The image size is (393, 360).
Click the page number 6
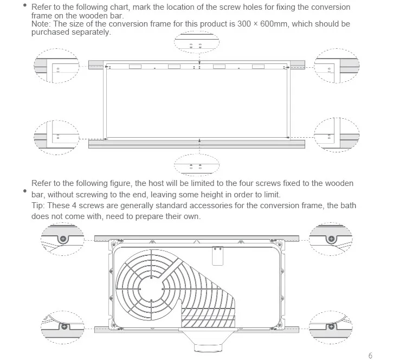click(370, 355)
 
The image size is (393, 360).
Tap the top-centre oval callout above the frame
click(197, 43)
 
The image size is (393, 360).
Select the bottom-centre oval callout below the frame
click(196, 162)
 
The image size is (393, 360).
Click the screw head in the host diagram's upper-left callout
click(63, 239)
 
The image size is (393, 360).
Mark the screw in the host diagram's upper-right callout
click(330, 239)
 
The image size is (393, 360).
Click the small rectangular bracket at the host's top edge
click(218, 255)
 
